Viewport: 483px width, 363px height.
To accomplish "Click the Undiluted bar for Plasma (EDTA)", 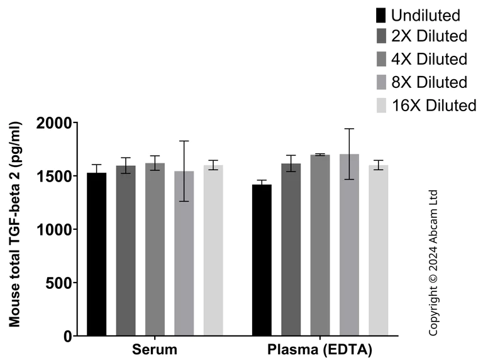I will [262, 260].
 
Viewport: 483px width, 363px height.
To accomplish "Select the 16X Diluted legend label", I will [433, 105].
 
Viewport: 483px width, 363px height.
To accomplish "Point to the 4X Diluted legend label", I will [429, 60].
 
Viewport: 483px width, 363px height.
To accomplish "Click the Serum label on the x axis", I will [155, 349].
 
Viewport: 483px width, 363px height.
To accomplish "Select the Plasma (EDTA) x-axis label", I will [320, 349].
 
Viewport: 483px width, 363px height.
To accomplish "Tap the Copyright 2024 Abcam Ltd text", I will [433, 262].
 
